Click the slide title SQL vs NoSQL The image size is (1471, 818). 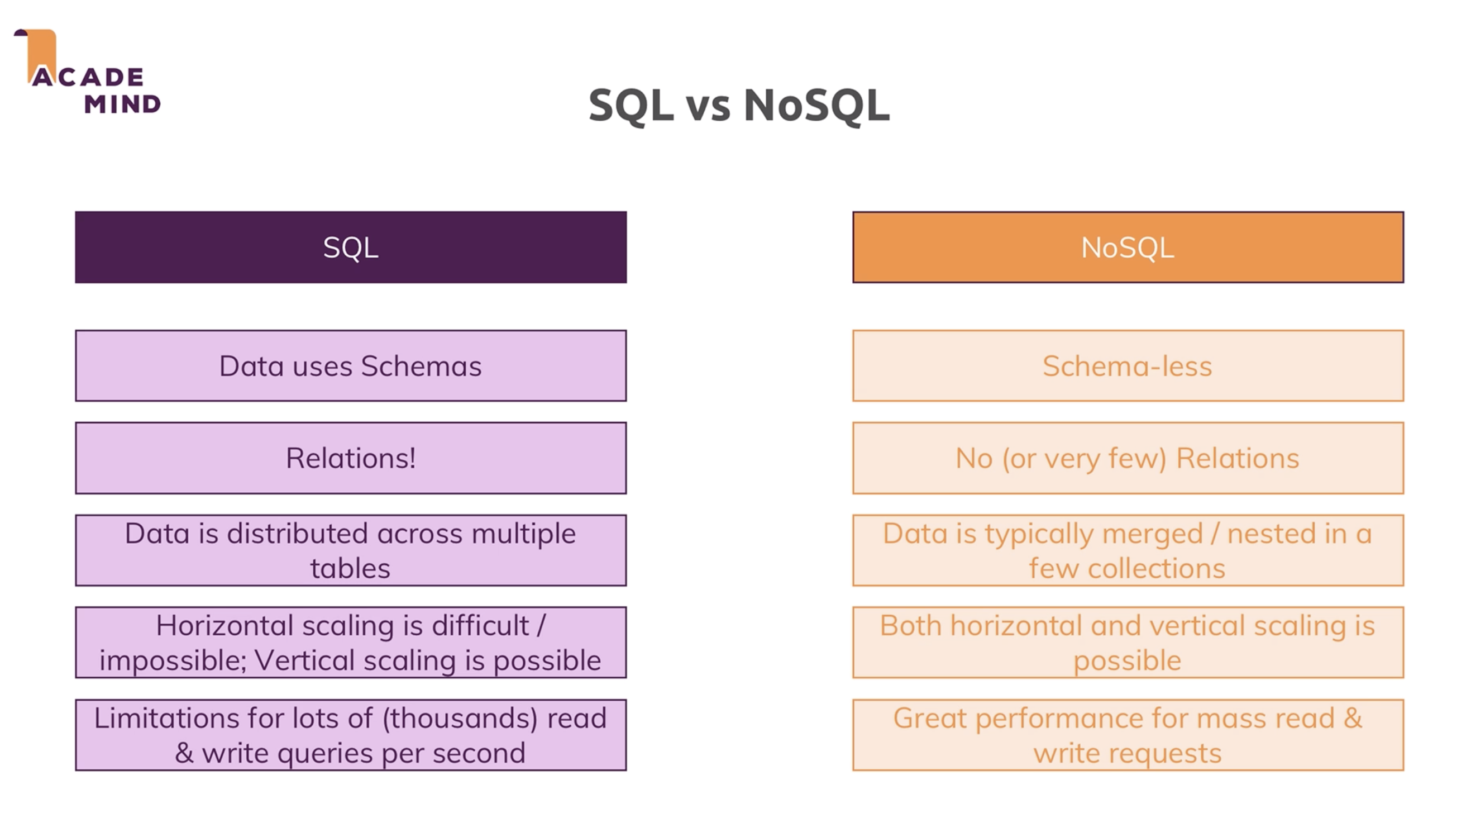click(x=739, y=106)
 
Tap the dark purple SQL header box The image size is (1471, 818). click(x=351, y=247)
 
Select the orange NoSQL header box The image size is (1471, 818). click(x=1128, y=247)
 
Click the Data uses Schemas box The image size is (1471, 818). click(x=351, y=365)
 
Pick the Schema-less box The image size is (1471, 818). click(x=1128, y=365)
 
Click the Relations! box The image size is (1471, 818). click(x=351, y=458)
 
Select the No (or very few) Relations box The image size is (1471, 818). click(x=1128, y=458)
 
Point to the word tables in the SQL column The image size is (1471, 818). click(x=351, y=568)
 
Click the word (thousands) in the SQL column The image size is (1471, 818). click(x=460, y=719)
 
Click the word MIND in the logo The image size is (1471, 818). click(x=123, y=104)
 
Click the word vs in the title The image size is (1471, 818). click(x=708, y=107)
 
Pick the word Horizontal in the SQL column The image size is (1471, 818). click(x=225, y=625)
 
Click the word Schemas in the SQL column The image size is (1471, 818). click(x=422, y=366)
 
